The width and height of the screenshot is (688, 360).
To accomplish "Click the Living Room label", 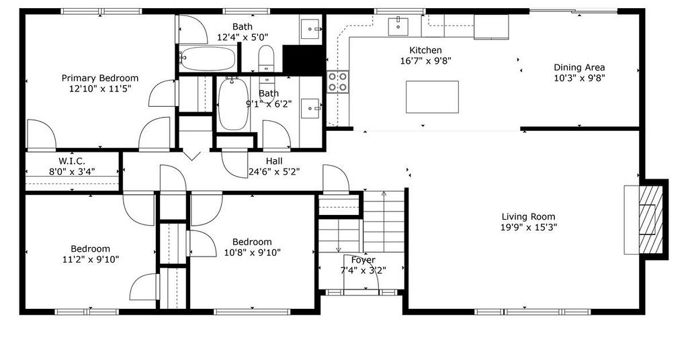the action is click(528, 217).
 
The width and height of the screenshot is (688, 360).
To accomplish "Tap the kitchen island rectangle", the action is click(432, 97).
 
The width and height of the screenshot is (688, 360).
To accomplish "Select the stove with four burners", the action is click(338, 81).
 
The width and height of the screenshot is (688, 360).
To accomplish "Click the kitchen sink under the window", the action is click(398, 26).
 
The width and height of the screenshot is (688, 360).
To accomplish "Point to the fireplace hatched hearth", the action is click(650, 219).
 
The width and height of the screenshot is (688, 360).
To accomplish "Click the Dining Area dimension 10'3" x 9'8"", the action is click(579, 78).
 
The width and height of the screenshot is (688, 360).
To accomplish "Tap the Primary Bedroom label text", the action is click(100, 78).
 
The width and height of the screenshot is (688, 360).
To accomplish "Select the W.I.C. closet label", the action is click(72, 161).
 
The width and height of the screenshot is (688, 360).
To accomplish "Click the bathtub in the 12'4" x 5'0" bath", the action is click(207, 58).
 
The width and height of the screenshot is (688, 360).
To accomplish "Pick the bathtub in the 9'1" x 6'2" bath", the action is click(233, 104).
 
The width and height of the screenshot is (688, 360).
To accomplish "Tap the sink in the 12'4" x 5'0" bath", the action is click(312, 28).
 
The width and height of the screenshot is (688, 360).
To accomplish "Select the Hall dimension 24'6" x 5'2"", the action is click(274, 172).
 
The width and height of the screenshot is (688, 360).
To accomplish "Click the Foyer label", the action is click(363, 260).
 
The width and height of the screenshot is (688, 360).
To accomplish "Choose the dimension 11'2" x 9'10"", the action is click(91, 259).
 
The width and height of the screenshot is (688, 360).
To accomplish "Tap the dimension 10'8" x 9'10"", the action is click(253, 253).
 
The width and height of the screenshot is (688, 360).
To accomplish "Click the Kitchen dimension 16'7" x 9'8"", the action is click(425, 61).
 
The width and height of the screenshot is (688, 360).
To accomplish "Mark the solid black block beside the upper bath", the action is click(304, 58).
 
